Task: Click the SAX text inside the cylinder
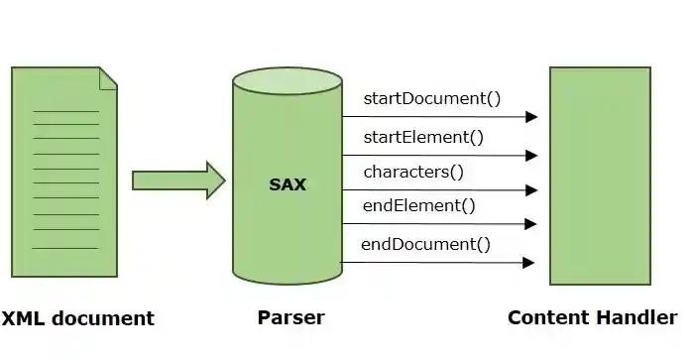(x=288, y=184)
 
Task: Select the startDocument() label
(x=432, y=98)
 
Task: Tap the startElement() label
(x=423, y=137)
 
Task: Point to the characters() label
(x=413, y=172)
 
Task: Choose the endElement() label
(x=419, y=206)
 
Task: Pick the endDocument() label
(x=425, y=244)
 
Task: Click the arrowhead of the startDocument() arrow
(x=531, y=117)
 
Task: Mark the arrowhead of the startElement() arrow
(x=531, y=156)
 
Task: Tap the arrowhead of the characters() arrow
(x=531, y=190)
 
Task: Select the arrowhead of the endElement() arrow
(x=531, y=225)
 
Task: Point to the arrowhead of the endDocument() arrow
(x=529, y=263)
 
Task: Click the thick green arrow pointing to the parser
(x=178, y=180)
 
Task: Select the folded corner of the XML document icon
(x=108, y=76)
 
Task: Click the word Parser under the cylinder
(x=290, y=318)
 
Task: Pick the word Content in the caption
(x=544, y=318)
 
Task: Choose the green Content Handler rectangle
(x=601, y=176)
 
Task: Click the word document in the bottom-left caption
(x=104, y=319)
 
